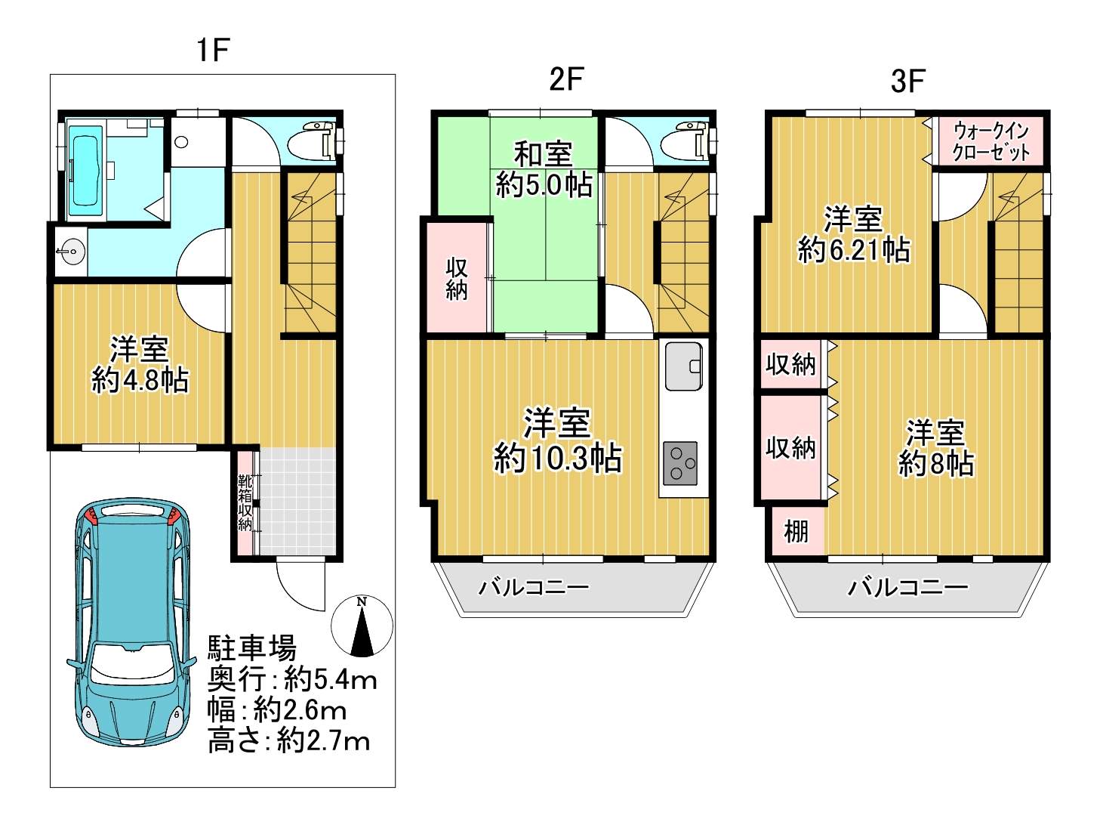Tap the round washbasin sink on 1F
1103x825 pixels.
(71, 251)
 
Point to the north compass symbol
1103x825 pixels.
(362, 626)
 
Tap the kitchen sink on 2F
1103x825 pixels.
(684, 366)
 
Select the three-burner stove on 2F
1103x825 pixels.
(680, 463)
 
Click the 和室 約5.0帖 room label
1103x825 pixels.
(544, 170)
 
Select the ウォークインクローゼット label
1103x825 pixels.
(991, 142)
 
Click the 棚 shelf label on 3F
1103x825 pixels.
(796, 531)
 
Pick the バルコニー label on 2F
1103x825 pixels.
(533, 587)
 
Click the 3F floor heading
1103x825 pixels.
(908, 80)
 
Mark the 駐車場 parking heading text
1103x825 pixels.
(251, 647)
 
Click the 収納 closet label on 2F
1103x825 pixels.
(457, 280)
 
